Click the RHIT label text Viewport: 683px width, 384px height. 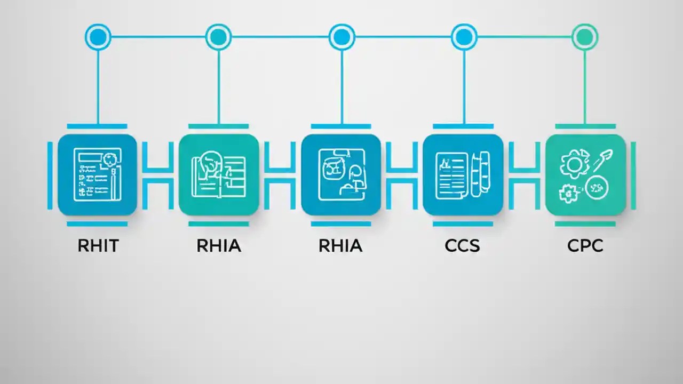98,246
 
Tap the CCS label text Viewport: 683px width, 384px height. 462,246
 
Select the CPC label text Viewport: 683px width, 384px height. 585,246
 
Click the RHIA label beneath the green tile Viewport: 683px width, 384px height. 219,246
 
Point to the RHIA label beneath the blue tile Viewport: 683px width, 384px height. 340,246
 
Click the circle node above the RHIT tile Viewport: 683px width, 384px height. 98,37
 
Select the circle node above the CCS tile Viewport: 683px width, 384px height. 464,37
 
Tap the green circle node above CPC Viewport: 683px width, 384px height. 585,37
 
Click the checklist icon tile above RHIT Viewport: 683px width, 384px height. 97,175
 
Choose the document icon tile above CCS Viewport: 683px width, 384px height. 463,175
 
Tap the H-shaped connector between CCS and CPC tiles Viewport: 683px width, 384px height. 524,175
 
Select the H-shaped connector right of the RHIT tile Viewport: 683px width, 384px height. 158,175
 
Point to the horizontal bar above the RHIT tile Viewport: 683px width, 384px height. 97,126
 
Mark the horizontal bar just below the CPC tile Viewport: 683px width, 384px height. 585,224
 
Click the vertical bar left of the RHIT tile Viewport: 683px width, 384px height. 50,175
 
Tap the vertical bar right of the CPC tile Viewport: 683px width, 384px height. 633,175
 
